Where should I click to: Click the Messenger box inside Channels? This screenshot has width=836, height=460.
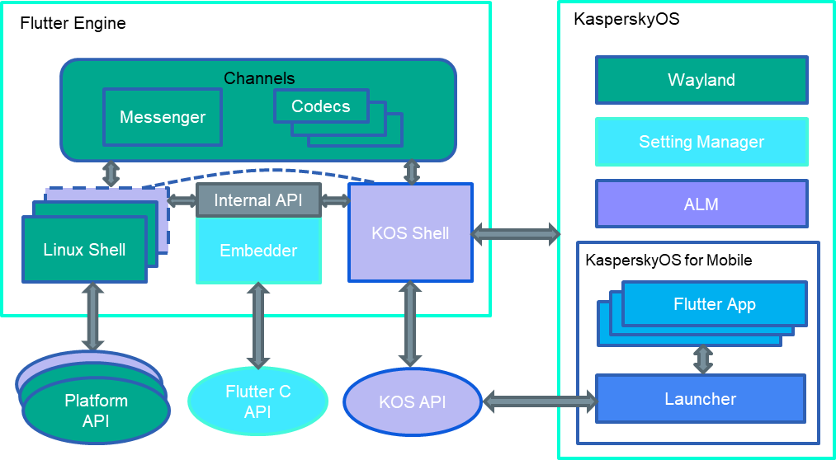[x=163, y=117]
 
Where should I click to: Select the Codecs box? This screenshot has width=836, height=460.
[x=321, y=106]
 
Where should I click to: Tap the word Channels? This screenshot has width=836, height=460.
[x=259, y=78]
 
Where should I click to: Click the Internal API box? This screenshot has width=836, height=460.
[x=258, y=200]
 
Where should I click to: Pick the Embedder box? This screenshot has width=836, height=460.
[x=258, y=251]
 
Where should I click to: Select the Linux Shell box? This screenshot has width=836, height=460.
[x=84, y=250]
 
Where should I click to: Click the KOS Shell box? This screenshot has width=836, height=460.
[x=410, y=233]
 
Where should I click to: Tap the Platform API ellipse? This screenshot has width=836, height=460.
[x=96, y=411]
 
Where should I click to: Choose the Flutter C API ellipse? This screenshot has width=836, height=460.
[x=257, y=401]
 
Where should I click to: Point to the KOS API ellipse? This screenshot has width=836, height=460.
[x=412, y=402]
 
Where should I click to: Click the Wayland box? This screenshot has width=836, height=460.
[x=701, y=80]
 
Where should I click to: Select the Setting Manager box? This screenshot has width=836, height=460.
[x=701, y=142]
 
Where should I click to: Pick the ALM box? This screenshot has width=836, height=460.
[x=701, y=204]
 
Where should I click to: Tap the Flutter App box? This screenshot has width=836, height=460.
[x=715, y=304]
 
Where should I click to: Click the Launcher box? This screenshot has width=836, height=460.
[x=701, y=399]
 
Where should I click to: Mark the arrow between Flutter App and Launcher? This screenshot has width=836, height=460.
[x=703, y=360]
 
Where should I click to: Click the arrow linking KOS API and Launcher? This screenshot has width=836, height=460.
[x=539, y=401]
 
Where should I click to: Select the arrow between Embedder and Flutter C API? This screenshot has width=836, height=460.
[x=258, y=326]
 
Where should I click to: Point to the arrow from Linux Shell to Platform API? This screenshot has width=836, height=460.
[x=92, y=317]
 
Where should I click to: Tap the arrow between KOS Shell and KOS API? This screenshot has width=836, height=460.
[x=410, y=324]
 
